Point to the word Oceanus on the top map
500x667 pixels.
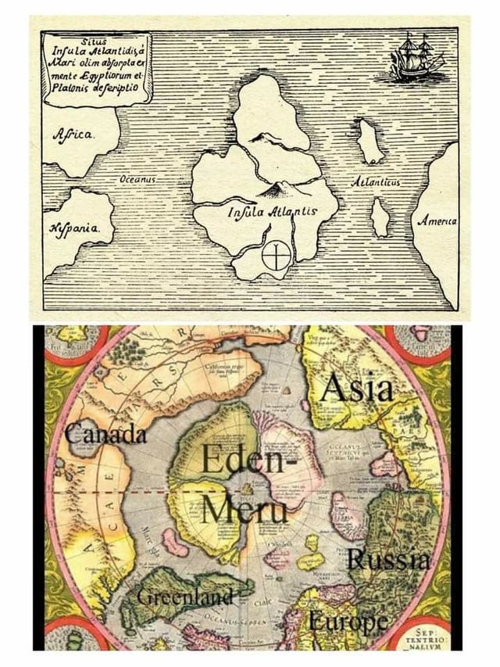point(137,181)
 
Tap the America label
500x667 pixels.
point(439,222)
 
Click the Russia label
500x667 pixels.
point(387,559)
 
